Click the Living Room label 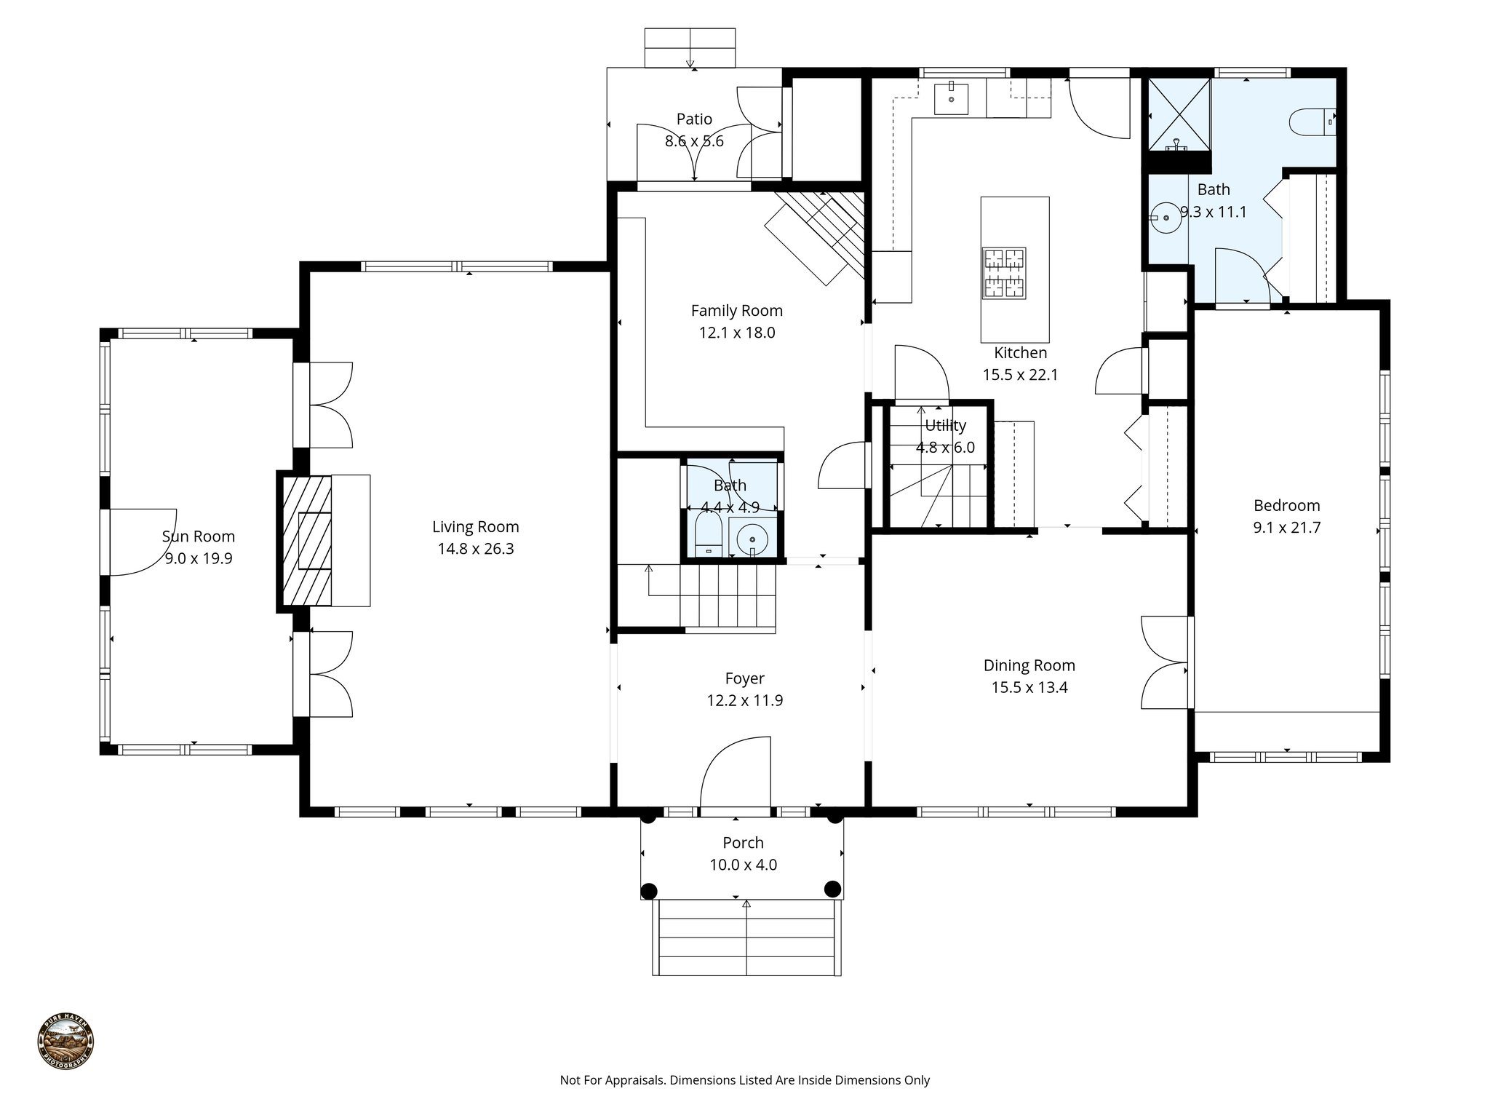coord(475,526)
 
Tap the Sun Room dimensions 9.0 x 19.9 coord(199,559)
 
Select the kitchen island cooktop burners coord(1004,273)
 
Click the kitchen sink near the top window coord(951,98)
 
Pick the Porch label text coord(743,843)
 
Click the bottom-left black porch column coord(649,890)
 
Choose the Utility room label coord(945,425)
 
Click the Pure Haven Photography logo coord(65,1042)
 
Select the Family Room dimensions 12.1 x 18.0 coord(736,333)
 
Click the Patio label coord(694,119)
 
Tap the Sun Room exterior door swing coord(142,542)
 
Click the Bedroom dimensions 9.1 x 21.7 coord(1286,528)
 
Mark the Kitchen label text coord(1020,353)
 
